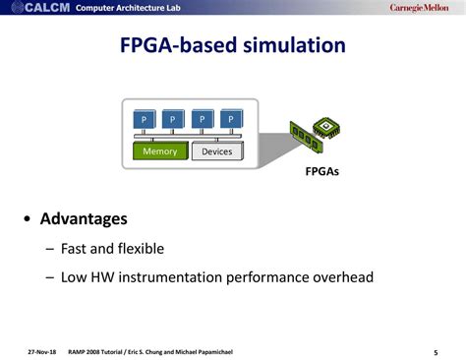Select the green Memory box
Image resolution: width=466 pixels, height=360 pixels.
(159, 151)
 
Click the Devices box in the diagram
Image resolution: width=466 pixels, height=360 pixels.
(216, 151)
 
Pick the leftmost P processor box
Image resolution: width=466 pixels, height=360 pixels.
(145, 119)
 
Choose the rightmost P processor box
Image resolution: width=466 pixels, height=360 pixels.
(230, 119)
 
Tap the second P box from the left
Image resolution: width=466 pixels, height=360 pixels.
(173, 119)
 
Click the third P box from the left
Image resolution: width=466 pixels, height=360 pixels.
(202, 119)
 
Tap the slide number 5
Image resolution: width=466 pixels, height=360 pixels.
(435, 351)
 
